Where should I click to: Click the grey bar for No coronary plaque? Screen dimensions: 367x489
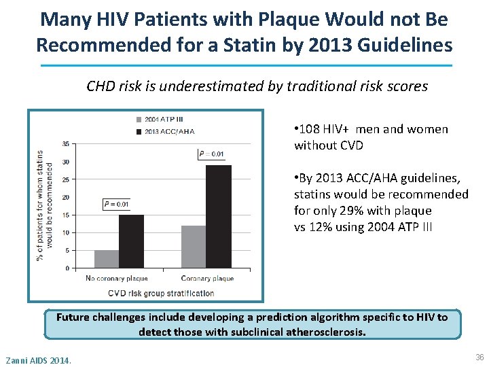tap(107, 259)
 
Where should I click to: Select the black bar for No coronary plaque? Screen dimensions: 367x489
tap(131, 241)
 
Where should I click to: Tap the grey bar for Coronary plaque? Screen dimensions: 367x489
tap(194, 247)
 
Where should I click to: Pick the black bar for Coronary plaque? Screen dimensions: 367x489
tap(218, 216)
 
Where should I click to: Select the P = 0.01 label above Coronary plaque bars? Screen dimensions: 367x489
tap(211, 154)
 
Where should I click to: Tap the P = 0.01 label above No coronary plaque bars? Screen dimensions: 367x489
tap(116, 204)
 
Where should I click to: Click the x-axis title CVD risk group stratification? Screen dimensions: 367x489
tap(161, 294)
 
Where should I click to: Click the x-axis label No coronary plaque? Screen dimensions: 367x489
tap(117, 279)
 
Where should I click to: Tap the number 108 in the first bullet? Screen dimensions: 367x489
tap(309, 129)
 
